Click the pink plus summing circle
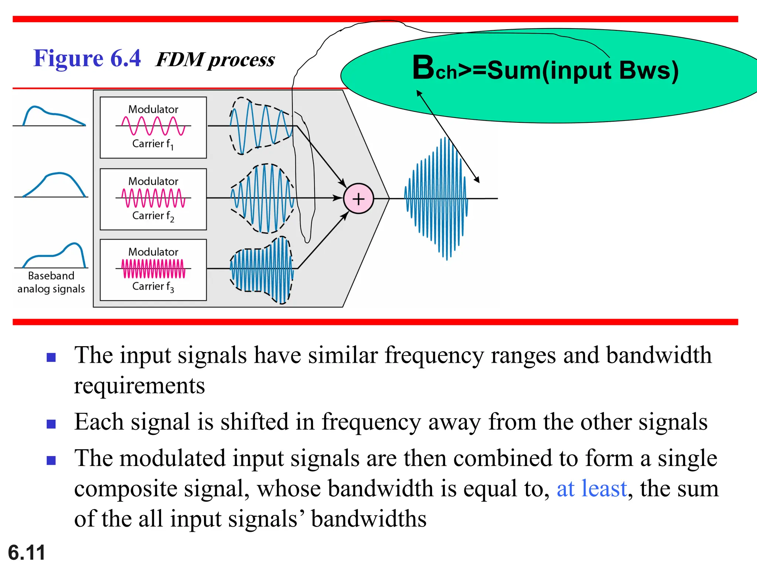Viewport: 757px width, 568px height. pyautogui.click(x=358, y=199)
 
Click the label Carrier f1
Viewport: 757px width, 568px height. pyautogui.click(x=153, y=144)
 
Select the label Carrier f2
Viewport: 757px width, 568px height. pyautogui.click(x=153, y=216)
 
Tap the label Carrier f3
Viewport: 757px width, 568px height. pyautogui.click(x=153, y=287)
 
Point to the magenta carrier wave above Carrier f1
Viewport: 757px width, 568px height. pyautogui.click(x=153, y=126)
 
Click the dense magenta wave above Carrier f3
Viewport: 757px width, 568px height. pyautogui.click(x=153, y=268)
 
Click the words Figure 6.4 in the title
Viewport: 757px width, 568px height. pyautogui.click(x=87, y=58)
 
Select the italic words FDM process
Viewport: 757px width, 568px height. pyautogui.click(x=215, y=60)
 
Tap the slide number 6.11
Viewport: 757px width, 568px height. pyautogui.click(x=27, y=552)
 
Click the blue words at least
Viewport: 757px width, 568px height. pyautogui.click(x=591, y=488)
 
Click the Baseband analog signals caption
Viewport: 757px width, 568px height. pyautogui.click(x=51, y=282)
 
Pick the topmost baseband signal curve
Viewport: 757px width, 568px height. pyautogui.click(x=50, y=115)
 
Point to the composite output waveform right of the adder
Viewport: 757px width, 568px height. pyautogui.click(x=436, y=199)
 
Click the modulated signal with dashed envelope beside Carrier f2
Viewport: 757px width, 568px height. pyautogui.click(x=262, y=199)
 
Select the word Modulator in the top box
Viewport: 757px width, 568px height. pyautogui.click(x=153, y=109)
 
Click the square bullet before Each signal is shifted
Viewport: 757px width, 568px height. pyautogui.click(x=51, y=423)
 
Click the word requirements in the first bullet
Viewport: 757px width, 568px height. pyautogui.click(x=139, y=386)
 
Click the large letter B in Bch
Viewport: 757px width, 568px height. pyautogui.click(x=424, y=67)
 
